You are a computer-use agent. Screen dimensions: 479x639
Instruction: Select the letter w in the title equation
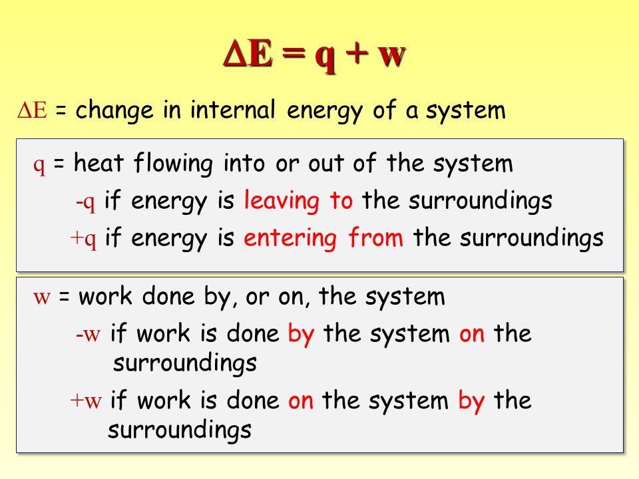point(391,56)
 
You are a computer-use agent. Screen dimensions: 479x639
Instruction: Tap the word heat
point(99,164)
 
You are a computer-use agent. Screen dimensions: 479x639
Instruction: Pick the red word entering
point(290,238)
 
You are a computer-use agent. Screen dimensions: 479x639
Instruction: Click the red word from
point(376,238)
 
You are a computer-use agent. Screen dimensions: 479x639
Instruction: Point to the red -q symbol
point(86,202)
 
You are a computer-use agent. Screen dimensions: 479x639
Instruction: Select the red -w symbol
point(88,334)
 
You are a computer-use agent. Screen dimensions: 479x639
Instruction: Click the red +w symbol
point(86,401)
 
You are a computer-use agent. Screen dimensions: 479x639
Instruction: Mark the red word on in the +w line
point(301,401)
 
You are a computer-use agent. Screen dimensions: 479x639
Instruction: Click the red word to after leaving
point(341,201)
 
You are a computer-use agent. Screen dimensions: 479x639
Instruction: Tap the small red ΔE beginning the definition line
point(32,110)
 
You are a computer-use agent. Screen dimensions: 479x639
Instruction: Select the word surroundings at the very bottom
point(180,430)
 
